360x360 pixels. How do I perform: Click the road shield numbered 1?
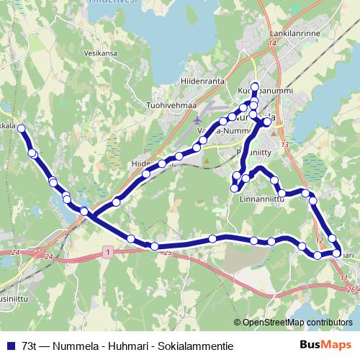pos(107,252)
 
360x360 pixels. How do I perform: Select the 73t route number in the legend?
pos(30,346)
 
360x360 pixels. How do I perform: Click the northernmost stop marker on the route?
pos(254,86)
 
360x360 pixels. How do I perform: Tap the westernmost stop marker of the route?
pos(21,128)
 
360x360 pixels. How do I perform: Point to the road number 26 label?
pos(350,289)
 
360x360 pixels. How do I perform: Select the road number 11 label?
pos(343,277)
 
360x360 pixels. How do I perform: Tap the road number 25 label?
pos(168,253)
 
